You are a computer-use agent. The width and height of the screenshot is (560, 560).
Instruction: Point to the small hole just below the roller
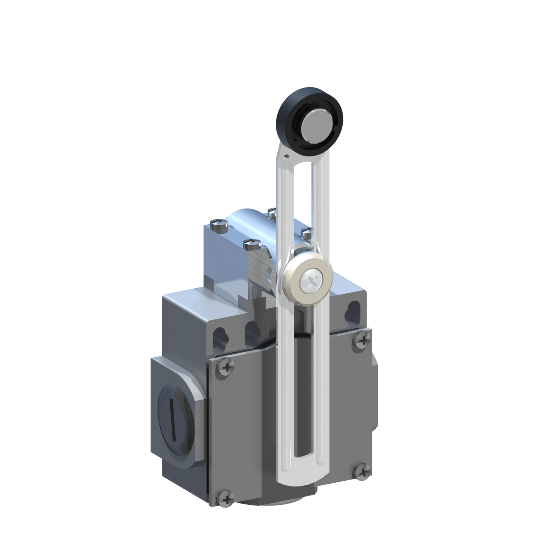pos(287,157)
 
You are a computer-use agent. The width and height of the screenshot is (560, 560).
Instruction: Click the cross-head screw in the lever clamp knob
pos(310,280)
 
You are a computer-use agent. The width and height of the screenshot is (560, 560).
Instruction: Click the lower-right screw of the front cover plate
pos(363,472)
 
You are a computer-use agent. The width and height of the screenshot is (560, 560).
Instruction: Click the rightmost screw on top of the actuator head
pos(307,233)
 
